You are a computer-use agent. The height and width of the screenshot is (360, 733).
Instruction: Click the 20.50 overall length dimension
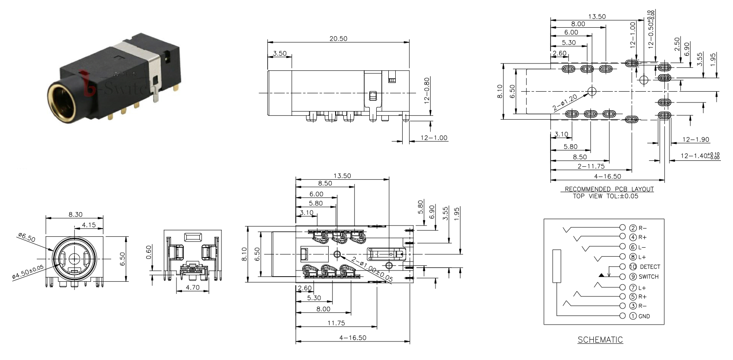click(338, 38)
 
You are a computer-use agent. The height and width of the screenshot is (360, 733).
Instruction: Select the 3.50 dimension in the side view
click(280, 53)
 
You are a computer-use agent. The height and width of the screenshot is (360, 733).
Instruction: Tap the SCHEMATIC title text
click(600, 340)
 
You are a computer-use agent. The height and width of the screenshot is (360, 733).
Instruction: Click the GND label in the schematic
click(644, 316)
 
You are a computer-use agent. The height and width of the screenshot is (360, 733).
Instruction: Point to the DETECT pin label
click(650, 267)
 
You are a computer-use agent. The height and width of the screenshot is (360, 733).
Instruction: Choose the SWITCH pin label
click(649, 277)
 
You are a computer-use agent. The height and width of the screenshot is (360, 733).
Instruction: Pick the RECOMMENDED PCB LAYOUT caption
click(609, 189)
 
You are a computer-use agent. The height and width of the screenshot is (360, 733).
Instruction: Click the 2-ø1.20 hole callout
click(565, 102)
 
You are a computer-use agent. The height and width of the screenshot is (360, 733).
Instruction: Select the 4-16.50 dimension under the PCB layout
click(607, 176)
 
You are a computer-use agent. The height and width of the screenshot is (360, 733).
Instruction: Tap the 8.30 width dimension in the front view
click(75, 214)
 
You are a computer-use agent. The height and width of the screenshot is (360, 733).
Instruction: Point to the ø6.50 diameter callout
click(27, 237)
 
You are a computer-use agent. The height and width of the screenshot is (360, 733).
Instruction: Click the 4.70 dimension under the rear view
click(192, 287)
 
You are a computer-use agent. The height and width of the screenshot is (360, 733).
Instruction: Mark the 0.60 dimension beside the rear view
click(149, 252)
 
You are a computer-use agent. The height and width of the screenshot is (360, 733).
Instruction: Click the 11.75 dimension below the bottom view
click(336, 323)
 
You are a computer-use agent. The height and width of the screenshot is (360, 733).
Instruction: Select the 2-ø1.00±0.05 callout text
click(372, 269)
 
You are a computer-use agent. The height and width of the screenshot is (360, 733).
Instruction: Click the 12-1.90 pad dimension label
click(696, 140)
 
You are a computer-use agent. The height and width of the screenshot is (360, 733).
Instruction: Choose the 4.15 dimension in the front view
click(89, 225)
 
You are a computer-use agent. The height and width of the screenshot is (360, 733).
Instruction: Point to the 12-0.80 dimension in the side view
click(427, 91)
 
